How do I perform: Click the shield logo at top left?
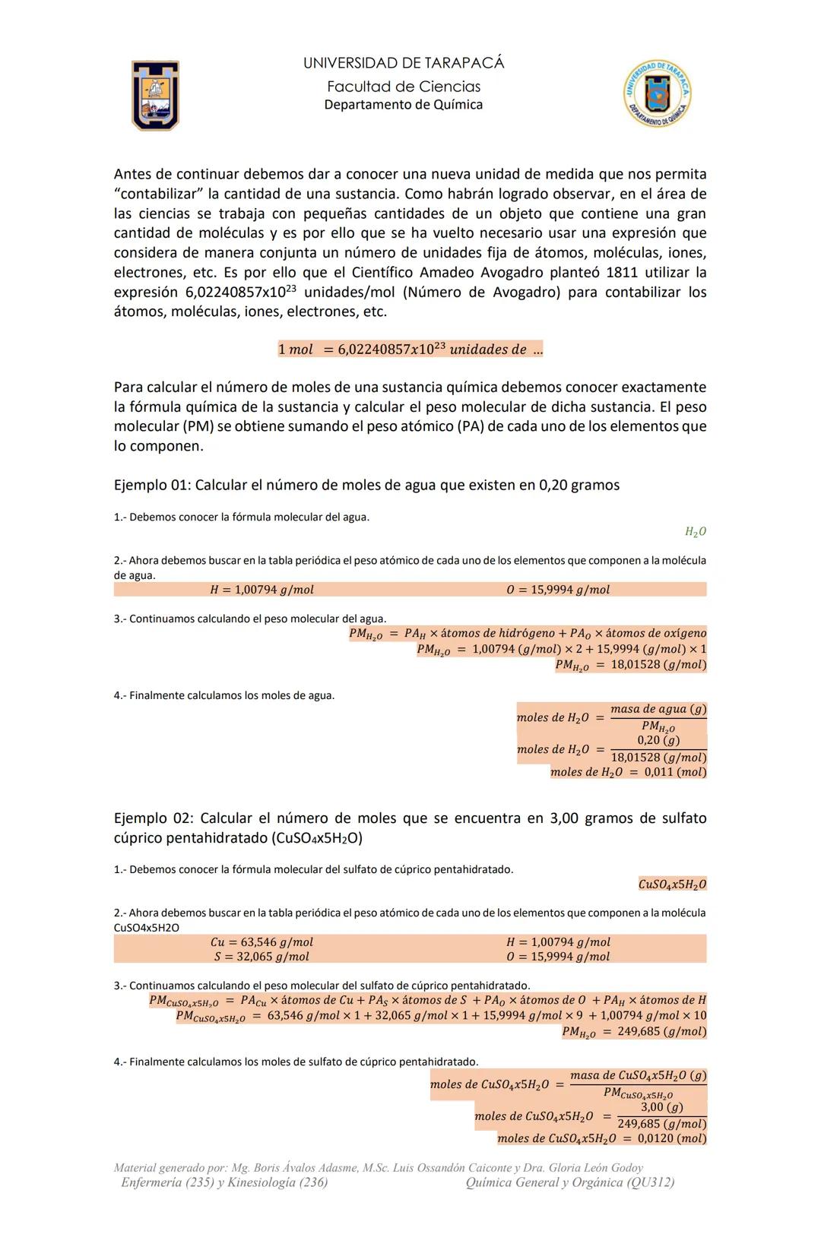tap(155, 95)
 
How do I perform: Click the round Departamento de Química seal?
tap(658, 93)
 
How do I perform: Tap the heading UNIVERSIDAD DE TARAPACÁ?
tap(404, 63)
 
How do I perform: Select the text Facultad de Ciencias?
tap(404, 87)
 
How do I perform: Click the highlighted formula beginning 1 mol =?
tap(410, 350)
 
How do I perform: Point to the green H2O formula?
tap(695, 532)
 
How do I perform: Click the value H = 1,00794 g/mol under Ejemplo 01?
tap(262, 590)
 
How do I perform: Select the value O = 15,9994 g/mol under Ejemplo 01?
tap(558, 590)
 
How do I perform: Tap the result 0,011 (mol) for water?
tap(675, 772)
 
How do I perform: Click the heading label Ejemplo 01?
tap(151, 485)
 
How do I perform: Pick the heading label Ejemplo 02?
tap(151, 818)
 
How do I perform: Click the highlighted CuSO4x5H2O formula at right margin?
tap(672, 884)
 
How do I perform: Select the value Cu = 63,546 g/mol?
tap(262, 942)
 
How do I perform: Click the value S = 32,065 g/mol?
tap(262, 957)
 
